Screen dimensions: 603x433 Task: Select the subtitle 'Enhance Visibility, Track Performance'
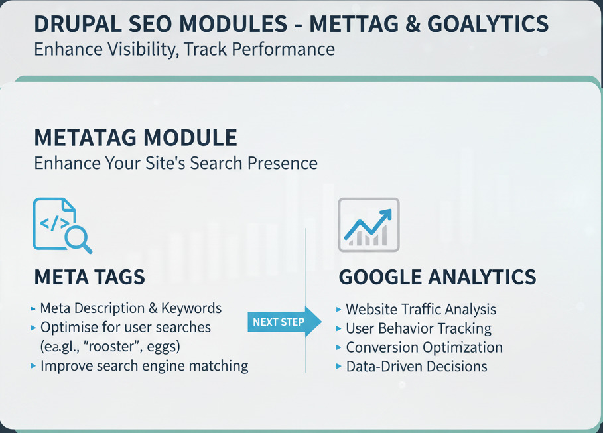coord(184,49)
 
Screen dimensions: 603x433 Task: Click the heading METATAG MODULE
coord(135,138)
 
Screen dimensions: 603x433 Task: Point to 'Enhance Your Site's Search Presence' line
coord(176,163)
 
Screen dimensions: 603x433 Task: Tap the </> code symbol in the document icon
coord(54,223)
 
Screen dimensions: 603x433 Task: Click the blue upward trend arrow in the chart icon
coord(368,224)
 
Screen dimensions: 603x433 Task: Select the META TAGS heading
coord(90,277)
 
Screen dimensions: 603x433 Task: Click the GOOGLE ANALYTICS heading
coord(437,277)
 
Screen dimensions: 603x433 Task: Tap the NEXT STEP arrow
coord(285,322)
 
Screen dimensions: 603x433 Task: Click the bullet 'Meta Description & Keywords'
coord(131,308)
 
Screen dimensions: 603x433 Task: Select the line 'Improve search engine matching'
coord(144,366)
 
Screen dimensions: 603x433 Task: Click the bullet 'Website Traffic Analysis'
coord(421,309)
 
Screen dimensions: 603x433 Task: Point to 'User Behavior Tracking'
coord(419,328)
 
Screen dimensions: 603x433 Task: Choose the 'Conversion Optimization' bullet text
coord(424,347)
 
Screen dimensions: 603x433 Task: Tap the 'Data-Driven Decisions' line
coord(417,367)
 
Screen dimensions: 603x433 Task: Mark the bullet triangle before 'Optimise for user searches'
coord(33,328)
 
